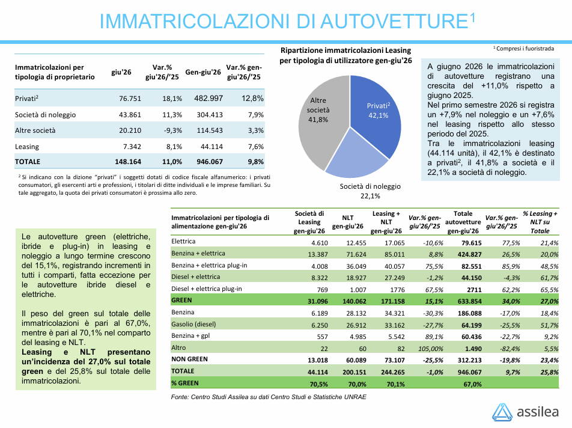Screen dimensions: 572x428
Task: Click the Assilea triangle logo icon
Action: pyautogui.click(x=502, y=412)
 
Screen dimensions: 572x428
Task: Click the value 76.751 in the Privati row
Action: pyautogui.click(x=130, y=99)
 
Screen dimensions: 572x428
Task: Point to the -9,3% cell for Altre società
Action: pyautogui.click(x=172, y=130)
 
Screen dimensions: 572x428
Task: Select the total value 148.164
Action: pyautogui.click(x=127, y=162)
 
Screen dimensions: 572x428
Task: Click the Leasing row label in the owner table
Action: pyautogui.click(x=27, y=147)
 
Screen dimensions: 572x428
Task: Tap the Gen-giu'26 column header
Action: pyautogui.click(x=203, y=72)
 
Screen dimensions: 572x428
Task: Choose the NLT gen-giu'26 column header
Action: pyautogui.click(x=348, y=222)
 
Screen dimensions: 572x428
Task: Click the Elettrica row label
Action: pyautogui.click(x=183, y=241)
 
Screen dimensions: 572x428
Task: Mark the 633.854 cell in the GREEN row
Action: pyautogui.click(x=469, y=301)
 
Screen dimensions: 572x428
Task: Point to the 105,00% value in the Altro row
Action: pyautogui.click(x=430, y=349)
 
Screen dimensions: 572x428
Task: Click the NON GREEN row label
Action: pyautogui.click(x=189, y=359)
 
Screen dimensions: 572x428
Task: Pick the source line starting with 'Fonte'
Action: pyautogui.click(x=269, y=397)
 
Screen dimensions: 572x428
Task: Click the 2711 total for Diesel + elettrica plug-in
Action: pyautogui.click(x=474, y=290)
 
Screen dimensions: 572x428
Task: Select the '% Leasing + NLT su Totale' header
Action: pyautogui.click(x=540, y=222)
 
